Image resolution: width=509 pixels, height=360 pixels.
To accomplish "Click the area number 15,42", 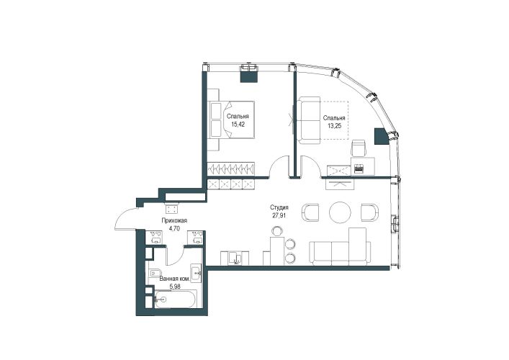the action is (x=238, y=124).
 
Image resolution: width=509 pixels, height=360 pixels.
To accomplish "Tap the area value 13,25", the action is (x=334, y=126).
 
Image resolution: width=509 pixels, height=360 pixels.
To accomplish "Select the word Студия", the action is (x=279, y=207).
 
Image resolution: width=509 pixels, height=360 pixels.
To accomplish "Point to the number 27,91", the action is (x=279, y=215).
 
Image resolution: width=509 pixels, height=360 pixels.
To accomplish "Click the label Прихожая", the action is (x=175, y=221).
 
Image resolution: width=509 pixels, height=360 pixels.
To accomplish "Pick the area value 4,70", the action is (x=175, y=228).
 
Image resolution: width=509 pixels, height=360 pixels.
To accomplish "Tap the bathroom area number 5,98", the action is (x=175, y=287).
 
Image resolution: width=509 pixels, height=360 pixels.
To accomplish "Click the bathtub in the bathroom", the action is (x=175, y=299).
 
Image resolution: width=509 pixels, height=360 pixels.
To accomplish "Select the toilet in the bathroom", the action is (x=155, y=273).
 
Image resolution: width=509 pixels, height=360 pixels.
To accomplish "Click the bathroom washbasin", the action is (x=197, y=273).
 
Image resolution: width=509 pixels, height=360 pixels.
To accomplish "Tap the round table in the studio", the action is (x=341, y=212).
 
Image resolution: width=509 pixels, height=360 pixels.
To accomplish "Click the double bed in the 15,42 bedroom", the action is (x=230, y=120).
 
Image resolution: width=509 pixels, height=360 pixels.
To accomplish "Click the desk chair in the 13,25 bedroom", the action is (x=359, y=148).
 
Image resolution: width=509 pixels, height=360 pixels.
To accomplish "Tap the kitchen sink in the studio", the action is (x=235, y=258).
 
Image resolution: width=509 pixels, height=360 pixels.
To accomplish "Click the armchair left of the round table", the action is (x=310, y=212).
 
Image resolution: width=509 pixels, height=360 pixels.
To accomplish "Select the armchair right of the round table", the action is (x=370, y=212).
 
